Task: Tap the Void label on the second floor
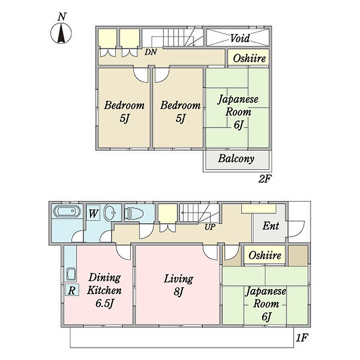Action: [x=240, y=38]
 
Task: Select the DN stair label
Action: [x=151, y=52]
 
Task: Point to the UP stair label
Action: [x=210, y=227]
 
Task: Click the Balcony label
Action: [x=236, y=158]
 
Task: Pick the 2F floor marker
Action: [x=265, y=179]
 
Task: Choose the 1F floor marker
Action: [x=302, y=338]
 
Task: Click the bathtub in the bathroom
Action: [x=67, y=211]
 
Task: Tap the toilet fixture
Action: [x=134, y=213]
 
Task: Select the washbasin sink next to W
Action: [x=110, y=212]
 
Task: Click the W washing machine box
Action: [x=94, y=213]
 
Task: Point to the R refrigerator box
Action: [x=72, y=290]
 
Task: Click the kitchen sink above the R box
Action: [x=71, y=274]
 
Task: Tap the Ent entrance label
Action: [x=271, y=226]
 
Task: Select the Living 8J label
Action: [x=178, y=285]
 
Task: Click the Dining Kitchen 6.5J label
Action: [x=104, y=290]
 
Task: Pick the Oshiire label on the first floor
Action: [x=265, y=255]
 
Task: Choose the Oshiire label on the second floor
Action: [x=249, y=58]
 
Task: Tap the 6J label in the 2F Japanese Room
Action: [x=238, y=125]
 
